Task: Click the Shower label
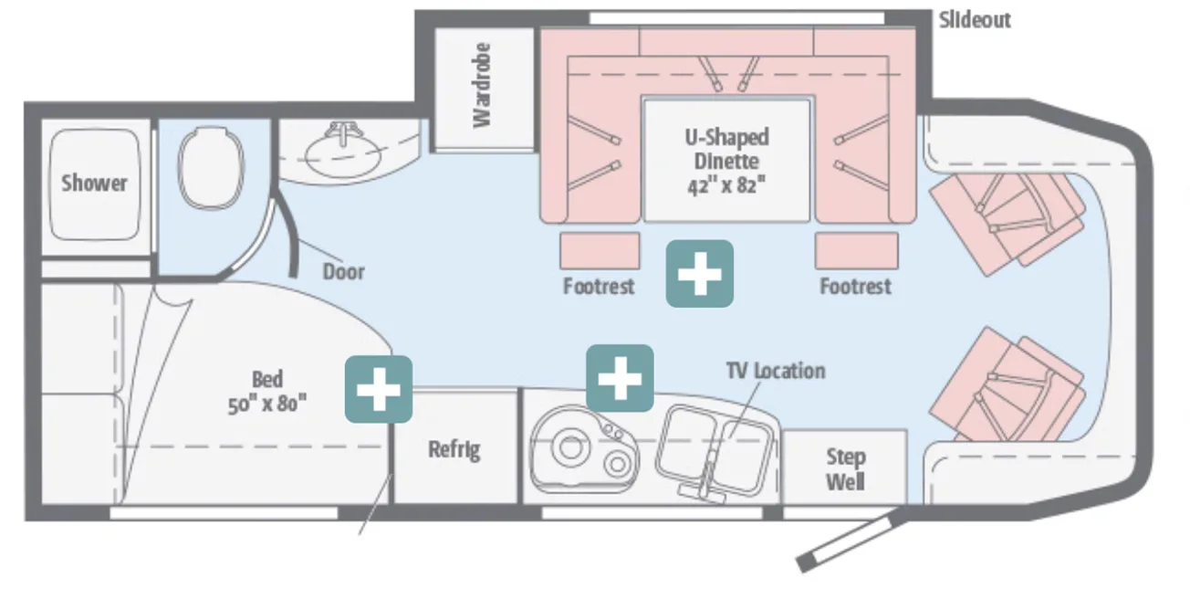[94, 183]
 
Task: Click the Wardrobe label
[482, 85]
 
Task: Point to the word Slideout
[975, 20]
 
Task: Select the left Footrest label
[599, 287]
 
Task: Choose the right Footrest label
[855, 287]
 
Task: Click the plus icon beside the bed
[378, 389]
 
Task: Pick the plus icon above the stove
[620, 377]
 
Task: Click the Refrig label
[454, 449]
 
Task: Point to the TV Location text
[776, 371]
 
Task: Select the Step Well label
[845, 468]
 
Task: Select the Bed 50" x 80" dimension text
[266, 391]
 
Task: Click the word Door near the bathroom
[343, 271]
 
